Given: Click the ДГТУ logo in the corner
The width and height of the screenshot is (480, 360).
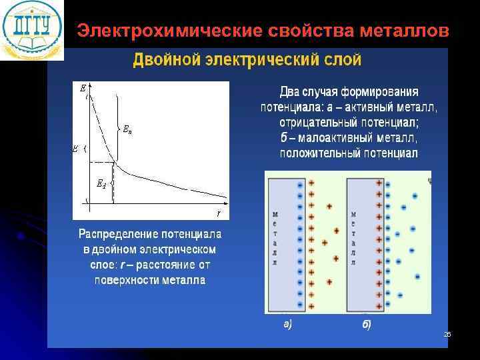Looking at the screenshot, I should coord(32,29).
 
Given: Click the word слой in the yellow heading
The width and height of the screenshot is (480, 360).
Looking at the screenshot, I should coord(342,61).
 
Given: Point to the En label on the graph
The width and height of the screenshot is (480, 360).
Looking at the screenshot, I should coord(127,130).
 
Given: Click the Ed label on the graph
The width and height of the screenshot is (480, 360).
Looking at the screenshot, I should coord(101,185).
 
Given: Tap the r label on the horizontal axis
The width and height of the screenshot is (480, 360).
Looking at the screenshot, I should coord(218,213).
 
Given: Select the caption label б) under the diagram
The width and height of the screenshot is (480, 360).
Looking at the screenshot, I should coord(366,325).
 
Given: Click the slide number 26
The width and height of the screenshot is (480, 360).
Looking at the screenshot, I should coord(447,333).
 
